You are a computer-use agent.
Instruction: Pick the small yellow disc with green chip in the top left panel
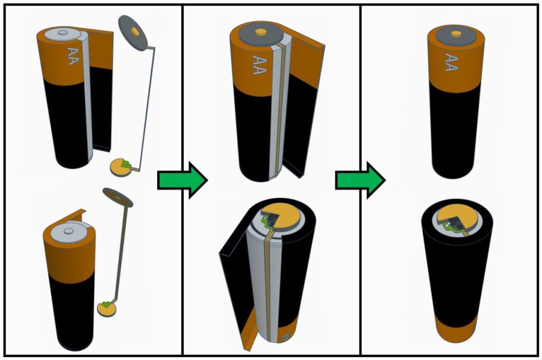tap(121, 167)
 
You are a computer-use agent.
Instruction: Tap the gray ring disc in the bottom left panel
tap(118, 196)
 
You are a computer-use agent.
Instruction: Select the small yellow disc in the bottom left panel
tap(106, 308)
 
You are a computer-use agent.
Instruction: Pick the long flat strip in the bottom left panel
tap(121, 253)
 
